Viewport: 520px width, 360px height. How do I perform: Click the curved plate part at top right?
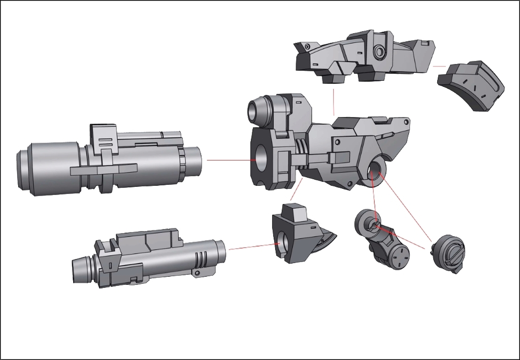tap(471, 86)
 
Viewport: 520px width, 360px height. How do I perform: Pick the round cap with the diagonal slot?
tap(449, 253)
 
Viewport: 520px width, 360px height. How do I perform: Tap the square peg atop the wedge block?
tap(294, 213)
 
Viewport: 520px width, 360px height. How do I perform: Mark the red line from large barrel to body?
tap(229, 160)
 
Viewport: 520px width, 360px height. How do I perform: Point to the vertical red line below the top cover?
tap(334, 102)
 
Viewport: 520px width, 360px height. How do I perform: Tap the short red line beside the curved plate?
tap(439, 66)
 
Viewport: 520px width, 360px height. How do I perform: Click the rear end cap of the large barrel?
tap(23, 168)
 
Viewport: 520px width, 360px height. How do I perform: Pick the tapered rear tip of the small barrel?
tap(80, 271)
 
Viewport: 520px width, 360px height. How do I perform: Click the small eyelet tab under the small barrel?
tap(196, 274)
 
